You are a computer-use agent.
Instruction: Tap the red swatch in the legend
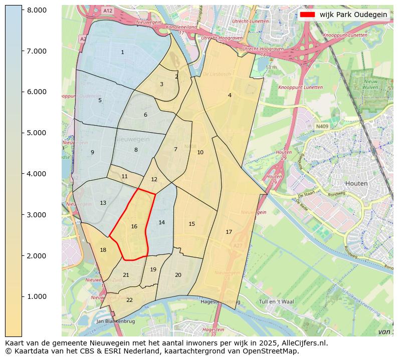(x=307, y=15)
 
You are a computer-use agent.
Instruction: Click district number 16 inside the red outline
(x=134, y=227)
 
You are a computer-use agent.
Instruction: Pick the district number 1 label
(x=122, y=52)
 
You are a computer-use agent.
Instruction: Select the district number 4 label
(x=230, y=95)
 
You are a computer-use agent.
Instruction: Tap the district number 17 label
(x=229, y=232)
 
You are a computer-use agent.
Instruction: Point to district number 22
(x=129, y=300)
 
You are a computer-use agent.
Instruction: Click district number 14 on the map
(x=161, y=222)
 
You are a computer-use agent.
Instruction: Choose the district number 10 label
(x=200, y=152)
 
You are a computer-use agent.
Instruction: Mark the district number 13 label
(x=103, y=203)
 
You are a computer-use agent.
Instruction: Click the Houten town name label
(x=357, y=183)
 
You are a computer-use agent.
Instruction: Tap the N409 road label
(x=322, y=127)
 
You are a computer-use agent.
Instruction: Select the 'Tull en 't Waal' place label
(x=275, y=301)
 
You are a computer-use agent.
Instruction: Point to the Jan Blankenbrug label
(x=115, y=321)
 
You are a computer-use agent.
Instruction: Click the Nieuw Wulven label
(x=371, y=83)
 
